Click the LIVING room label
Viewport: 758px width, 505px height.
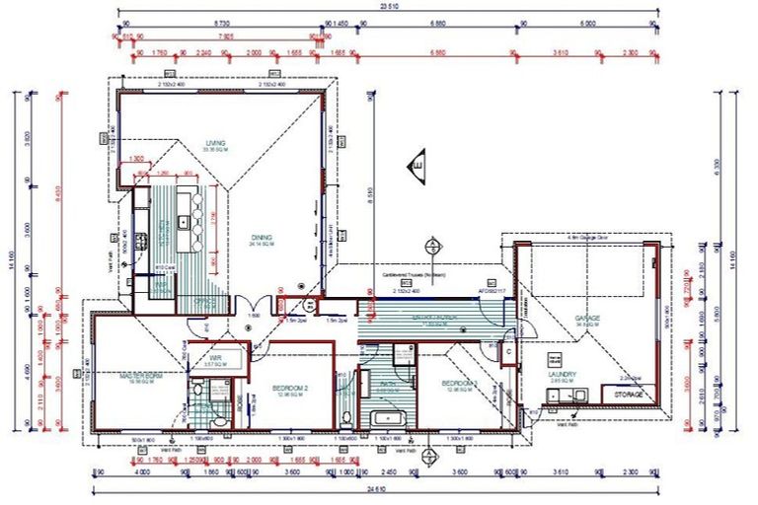click(215, 144)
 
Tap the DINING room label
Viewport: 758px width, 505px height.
click(262, 239)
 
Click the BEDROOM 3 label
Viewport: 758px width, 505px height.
click(459, 383)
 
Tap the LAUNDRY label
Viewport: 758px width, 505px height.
click(562, 375)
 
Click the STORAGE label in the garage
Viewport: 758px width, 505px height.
click(629, 395)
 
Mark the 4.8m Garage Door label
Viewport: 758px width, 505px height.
click(584, 238)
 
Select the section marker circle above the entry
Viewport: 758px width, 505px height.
click(430, 246)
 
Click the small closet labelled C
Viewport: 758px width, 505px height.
click(507, 347)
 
